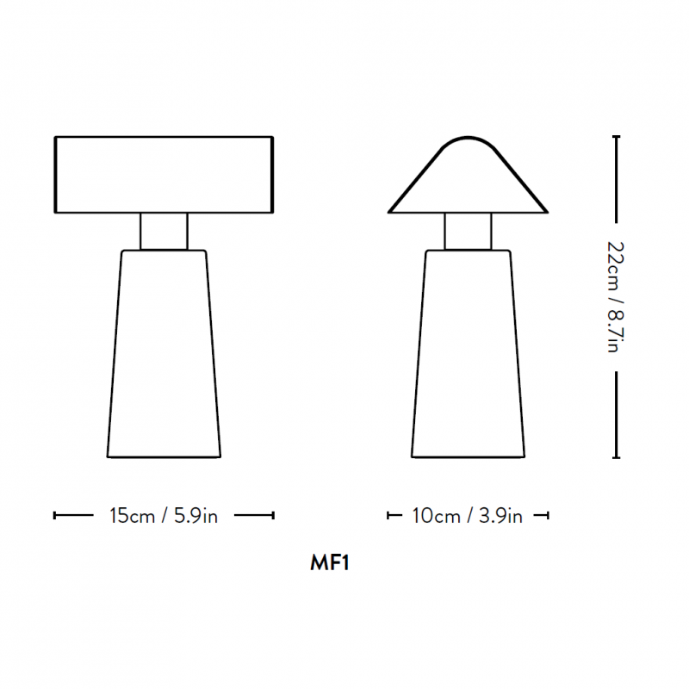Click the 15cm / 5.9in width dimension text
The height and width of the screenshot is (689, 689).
tap(164, 516)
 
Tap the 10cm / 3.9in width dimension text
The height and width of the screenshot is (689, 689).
tap(468, 516)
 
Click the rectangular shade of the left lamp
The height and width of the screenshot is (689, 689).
tap(164, 174)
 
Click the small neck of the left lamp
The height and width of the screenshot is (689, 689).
tap(164, 231)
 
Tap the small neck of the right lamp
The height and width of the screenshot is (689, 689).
tap(468, 231)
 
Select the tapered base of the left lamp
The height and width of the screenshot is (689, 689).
tap(164, 353)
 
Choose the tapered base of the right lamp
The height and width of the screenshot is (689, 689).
tap(468, 353)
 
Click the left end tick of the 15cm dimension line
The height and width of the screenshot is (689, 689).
tap(55, 516)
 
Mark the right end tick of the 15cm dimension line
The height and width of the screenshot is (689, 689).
tap(273, 516)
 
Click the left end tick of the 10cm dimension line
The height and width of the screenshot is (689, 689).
tap(388, 516)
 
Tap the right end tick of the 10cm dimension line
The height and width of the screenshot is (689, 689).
tap(548, 516)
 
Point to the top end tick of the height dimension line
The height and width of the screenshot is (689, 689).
tap(616, 136)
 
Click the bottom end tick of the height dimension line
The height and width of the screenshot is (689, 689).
tap(616, 457)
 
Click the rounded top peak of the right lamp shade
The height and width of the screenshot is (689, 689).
tap(468, 137)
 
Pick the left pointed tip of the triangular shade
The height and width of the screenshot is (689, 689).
tap(390, 211)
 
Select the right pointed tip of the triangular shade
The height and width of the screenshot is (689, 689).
tap(546, 211)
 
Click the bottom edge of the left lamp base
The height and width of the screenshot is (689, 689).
tap(164, 456)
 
